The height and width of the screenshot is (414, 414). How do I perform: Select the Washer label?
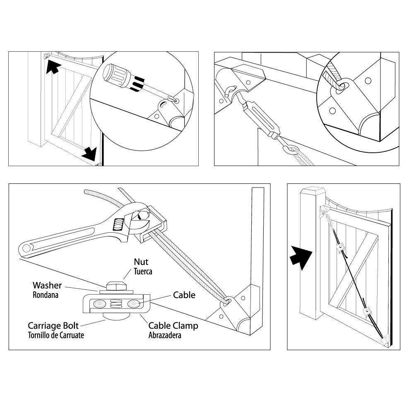point(47,285)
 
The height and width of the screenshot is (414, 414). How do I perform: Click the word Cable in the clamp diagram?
point(184,295)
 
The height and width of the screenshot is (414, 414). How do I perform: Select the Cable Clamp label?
point(173,326)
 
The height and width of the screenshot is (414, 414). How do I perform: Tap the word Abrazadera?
point(165,335)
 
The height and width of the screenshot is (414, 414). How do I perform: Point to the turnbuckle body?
point(259,120)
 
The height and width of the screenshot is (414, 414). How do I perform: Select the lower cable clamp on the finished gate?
point(366,311)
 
